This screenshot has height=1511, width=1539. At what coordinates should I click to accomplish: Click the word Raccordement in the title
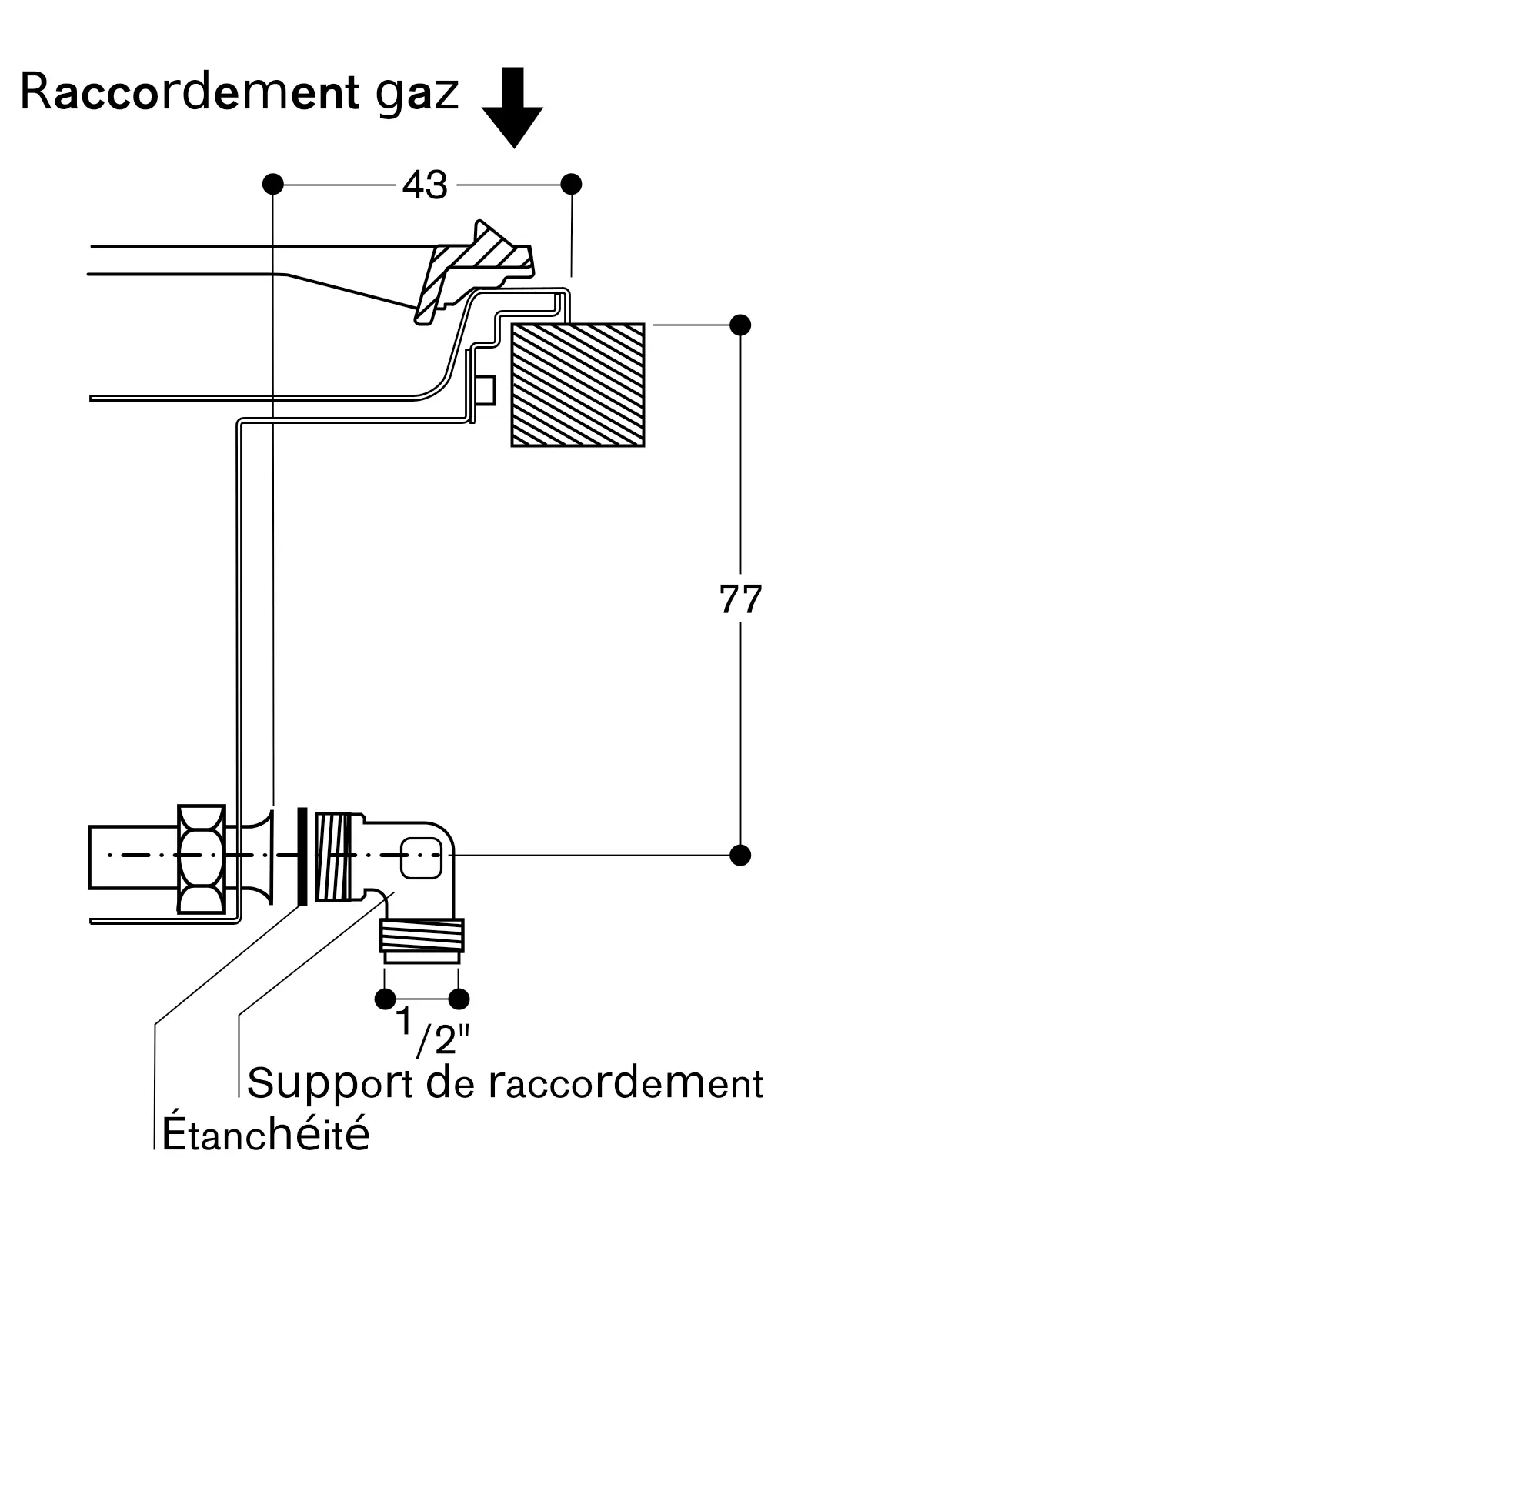189,92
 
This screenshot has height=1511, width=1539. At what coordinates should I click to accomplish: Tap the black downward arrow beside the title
512,107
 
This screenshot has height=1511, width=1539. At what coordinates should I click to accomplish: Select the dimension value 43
426,185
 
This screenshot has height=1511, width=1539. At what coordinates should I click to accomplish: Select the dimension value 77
739,599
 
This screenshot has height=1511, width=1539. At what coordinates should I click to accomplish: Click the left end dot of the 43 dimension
273,184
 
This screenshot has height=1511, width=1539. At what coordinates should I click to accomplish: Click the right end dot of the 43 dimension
571,184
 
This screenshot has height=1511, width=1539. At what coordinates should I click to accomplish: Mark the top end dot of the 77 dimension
739,325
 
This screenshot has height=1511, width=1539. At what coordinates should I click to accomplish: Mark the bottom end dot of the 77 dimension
739,856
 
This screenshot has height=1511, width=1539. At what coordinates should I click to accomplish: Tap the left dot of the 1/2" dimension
385,999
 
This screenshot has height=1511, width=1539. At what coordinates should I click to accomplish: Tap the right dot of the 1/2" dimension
459,999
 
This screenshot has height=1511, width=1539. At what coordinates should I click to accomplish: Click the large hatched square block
577,385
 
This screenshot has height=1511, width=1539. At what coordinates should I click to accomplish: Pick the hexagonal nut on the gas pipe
202,859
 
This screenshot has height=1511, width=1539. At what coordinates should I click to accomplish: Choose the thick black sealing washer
302,856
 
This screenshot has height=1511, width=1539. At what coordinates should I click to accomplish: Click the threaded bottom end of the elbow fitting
422,936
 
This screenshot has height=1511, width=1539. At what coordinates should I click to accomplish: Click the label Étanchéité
266,1134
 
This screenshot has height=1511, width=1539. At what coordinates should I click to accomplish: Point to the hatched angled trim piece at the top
476,266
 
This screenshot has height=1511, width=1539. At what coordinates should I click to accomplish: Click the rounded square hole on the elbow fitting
421,858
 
